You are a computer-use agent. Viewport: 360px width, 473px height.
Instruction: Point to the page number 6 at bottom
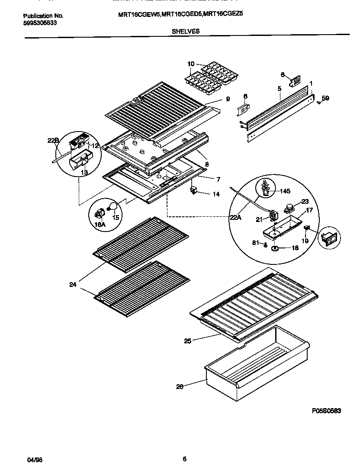pyautogui.click(x=184, y=459)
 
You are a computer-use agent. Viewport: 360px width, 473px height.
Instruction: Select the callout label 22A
pyautogui.click(x=236, y=218)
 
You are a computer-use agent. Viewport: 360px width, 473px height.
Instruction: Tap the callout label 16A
pyautogui.click(x=100, y=224)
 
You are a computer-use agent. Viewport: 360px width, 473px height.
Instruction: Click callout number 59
pyautogui.click(x=325, y=98)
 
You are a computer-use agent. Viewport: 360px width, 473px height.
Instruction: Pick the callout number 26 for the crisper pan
pyautogui.click(x=180, y=387)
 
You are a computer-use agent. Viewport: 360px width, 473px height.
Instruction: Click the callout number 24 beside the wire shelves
pyautogui.click(x=73, y=284)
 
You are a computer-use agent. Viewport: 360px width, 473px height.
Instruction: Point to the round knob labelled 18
pyautogui.click(x=274, y=248)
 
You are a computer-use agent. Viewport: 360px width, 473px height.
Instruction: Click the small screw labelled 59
pyautogui.click(x=318, y=102)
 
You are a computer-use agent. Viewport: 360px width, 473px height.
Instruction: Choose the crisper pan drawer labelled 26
pyautogui.click(x=255, y=361)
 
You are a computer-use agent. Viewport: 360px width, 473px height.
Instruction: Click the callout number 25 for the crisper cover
pyautogui.click(x=187, y=341)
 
